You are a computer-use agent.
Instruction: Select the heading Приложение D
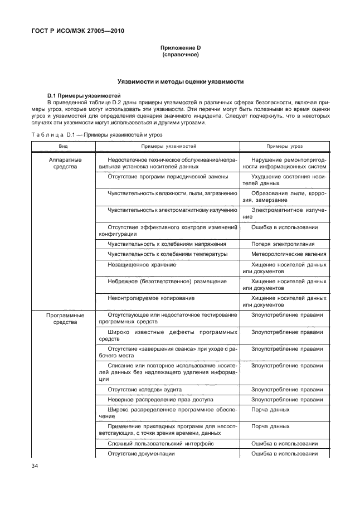click(180, 49)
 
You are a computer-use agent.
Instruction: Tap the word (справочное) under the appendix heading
click(180, 55)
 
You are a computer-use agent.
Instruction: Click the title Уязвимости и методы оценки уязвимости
click(180, 81)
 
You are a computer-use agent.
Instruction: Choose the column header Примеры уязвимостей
click(168, 146)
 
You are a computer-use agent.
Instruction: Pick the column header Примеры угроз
click(284, 146)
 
